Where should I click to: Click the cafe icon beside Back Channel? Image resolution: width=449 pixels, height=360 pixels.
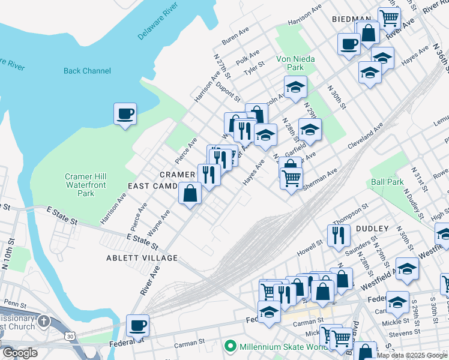[125, 113]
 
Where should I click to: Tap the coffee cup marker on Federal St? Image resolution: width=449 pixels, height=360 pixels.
[137, 325]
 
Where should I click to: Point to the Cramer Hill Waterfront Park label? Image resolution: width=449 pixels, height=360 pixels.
[87, 185]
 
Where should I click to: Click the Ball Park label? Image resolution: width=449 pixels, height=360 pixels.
[387, 181]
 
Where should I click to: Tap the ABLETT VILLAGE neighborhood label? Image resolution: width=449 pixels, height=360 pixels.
[143, 258]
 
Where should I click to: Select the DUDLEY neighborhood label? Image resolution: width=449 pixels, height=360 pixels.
[372, 229]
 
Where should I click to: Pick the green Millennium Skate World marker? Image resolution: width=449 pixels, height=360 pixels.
[229, 346]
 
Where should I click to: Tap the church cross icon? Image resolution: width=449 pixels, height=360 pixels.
[43, 321]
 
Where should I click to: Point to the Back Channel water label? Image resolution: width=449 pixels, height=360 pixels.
[87, 71]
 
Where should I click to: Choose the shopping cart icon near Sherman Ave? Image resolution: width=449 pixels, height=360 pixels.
[291, 178]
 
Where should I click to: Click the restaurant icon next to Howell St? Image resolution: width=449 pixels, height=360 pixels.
[339, 235]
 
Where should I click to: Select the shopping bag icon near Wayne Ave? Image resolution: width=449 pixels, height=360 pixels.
[190, 193]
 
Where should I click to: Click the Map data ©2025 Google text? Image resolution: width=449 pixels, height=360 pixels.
[411, 355]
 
